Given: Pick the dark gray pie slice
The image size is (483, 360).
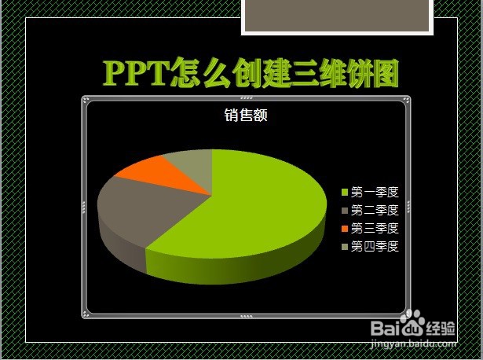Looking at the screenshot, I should [x=141, y=212].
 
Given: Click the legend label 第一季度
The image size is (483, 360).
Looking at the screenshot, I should [x=375, y=192].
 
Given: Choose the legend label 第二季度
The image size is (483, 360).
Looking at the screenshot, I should [x=375, y=210].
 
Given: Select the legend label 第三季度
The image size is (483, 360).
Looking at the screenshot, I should [x=375, y=228].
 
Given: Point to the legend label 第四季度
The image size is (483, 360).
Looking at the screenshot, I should [x=375, y=246].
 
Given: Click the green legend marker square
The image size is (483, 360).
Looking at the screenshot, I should [x=345, y=193].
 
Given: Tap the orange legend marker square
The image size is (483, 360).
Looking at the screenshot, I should [x=345, y=229].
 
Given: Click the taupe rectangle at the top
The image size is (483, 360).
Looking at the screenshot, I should [x=337, y=15].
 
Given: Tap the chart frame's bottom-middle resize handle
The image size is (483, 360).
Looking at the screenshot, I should [x=246, y=316].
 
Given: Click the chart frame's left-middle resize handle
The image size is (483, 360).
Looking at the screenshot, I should [x=84, y=208].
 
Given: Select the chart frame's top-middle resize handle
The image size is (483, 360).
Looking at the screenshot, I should [x=246, y=99].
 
